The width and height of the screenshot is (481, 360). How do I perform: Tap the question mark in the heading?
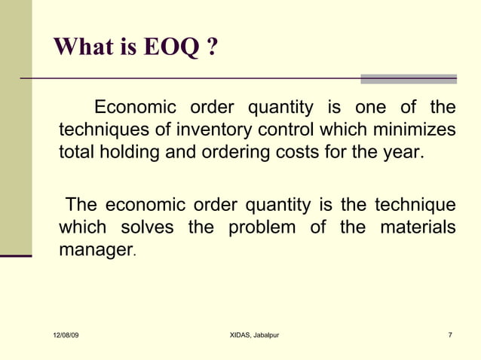point(212,48)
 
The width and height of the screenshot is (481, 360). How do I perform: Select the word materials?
point(417,227)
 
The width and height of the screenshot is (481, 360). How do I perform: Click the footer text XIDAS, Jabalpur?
point(254,334)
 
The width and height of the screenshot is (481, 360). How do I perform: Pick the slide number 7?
point(449,334)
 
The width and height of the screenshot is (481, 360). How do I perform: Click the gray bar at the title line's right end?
point(408,78)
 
